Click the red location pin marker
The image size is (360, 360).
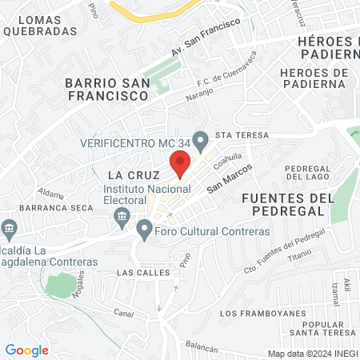point(180,165)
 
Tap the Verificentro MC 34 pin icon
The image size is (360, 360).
point(200,142)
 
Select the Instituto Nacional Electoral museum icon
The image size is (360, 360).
point(122,215)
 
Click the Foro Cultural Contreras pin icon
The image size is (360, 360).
point(144,231)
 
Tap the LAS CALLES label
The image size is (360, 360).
point(143,272)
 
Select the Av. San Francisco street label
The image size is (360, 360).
point(205,38)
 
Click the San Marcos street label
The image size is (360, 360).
point(230,178)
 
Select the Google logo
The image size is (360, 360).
point(26,350)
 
